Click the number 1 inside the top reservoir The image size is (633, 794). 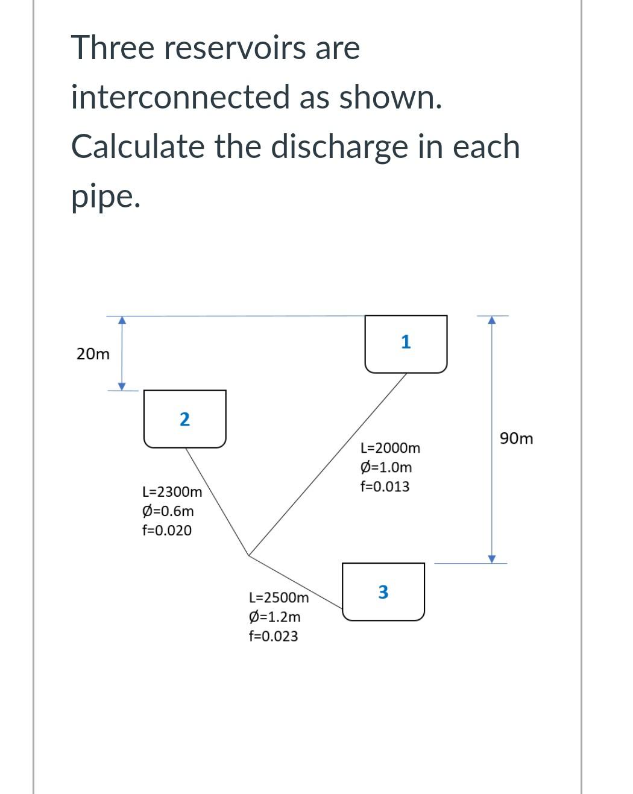pyautogui.click(x=406, y=342)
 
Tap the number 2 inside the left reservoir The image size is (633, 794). pyautogui.click(x=184, y=419)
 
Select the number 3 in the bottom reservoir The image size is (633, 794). pyautogui.click(x=383, y=592)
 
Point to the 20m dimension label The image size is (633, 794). pyautogui.click(x=93, y=354)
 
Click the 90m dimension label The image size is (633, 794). pyautogui.click(x=517, y=438)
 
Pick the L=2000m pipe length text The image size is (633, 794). pyautogui.click(x=390, y=448)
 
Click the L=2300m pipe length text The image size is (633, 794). pyautogui.click(x=172, y=492)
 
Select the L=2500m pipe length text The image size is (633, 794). pyautogui.click(x=279, y=597)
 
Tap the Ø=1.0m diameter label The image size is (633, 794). pyautogui.click(x=386, y=467)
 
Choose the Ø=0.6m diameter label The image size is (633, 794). pyautogui.click(x=168, y=511)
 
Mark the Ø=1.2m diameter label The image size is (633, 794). pyautogui.click(x=274, y=617)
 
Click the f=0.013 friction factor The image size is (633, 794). pyautogui.click(x=385, y=487)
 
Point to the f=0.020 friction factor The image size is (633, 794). pyautogui.click(x=167, y=531)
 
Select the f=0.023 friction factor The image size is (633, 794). pyautogui.click(x=273, y=636)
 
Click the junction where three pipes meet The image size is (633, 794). pyautogui.click(x=248, y=555)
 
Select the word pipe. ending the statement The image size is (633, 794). pyautogui.click(x=106, y=197)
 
